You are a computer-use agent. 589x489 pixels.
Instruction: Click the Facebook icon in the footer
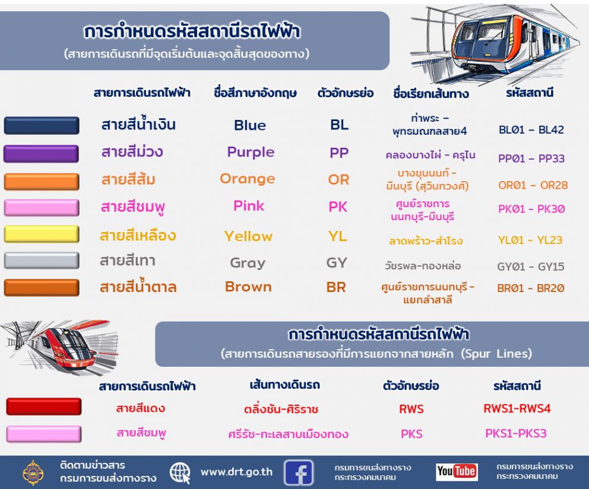click(298, 472)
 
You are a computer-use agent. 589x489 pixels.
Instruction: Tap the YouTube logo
click(457, 471)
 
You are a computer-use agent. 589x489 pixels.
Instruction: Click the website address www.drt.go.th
click(237, 472)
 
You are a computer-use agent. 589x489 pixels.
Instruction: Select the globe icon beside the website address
click(180, 472)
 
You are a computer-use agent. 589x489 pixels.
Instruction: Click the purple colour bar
click(42, 154)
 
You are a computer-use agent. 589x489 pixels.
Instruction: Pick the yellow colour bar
click(42, 234)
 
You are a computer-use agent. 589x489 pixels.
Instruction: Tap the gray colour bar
click(42, 261)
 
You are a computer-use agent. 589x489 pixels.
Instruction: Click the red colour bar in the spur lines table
click(43, 407)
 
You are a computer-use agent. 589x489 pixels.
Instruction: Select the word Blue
click(250, 125)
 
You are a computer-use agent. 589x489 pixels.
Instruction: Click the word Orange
click(248, 179)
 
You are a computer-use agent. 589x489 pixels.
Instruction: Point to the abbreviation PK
click(338, 207)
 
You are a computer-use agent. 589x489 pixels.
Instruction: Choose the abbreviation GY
click(337, 262)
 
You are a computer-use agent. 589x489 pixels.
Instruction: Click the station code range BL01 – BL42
click(531, 129)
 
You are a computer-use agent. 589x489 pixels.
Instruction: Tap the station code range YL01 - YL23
click(530, 240)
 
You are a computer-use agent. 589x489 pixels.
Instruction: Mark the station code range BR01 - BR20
click(530, 288)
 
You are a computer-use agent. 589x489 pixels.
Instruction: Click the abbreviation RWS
click(411, 409)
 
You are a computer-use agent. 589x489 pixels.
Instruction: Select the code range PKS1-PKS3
click(516, 433)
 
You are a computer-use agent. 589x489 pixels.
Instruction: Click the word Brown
click(248, 287)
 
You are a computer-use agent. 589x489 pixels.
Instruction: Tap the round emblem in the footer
click(33, 472)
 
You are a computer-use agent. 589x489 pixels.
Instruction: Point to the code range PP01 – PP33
click(531, 158)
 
